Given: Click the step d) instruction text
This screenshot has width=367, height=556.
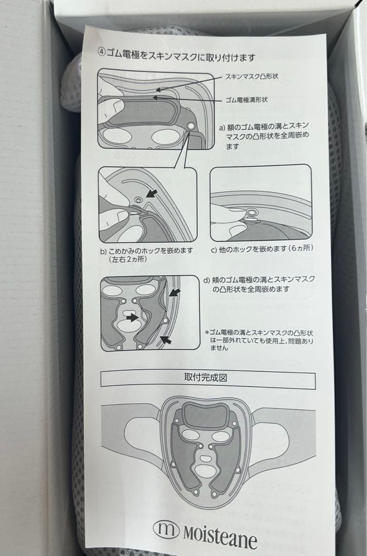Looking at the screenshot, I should (x=259, y=284).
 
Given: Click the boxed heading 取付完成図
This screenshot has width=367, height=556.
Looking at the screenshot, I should (x=206, y=377).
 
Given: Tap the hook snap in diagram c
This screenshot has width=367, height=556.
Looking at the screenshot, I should (x=252, y=213).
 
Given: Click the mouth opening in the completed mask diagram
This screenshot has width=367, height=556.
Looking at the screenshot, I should (x=205, y=470).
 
